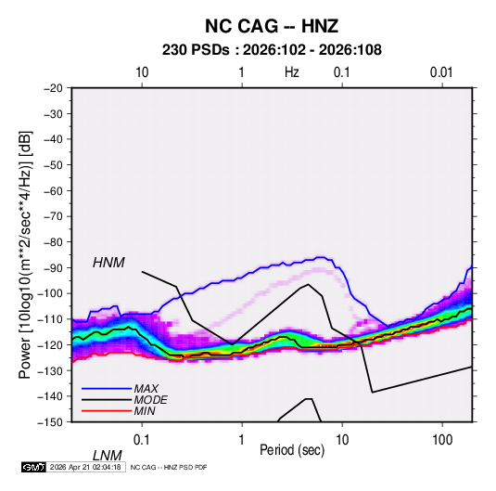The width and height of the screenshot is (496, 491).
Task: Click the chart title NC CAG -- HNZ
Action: [272, 26]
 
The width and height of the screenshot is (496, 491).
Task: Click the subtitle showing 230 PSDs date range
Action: [272, 50]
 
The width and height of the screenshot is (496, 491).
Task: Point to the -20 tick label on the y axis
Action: [53, 88]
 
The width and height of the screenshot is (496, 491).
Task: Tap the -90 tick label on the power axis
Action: [53, 267]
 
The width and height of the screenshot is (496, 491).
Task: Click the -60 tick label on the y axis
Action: [53, 190]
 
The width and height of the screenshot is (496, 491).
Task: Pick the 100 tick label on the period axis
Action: [442, 440]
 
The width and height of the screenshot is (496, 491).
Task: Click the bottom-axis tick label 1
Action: [242, 440]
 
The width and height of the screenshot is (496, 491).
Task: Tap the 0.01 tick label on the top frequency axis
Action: [441, 72]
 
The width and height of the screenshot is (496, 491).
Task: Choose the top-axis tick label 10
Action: [142, 72]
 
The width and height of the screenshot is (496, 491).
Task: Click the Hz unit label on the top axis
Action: [292, 72]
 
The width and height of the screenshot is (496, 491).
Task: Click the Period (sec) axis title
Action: [292, 450]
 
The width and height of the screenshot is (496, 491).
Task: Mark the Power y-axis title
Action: [25, 254]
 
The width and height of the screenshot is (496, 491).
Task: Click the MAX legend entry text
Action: [146, 388]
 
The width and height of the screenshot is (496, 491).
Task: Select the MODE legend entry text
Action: [150, 400]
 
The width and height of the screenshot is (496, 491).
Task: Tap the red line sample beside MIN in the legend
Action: [107, 411]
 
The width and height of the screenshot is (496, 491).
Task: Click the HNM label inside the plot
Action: [108, 263]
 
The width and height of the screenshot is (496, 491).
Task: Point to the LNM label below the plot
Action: [108, 456]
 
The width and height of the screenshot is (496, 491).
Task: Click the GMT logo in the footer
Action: [33, 467]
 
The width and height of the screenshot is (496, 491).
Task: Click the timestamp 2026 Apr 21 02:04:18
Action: [85, 467]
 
